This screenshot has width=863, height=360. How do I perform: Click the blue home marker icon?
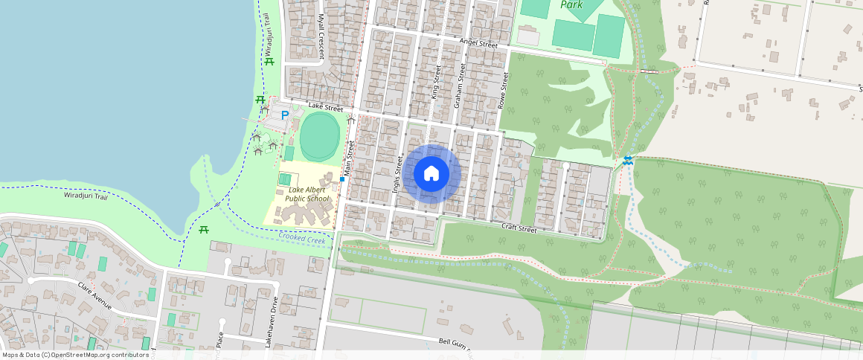click(431, 174)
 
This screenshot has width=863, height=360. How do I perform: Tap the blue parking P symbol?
click(284, 115)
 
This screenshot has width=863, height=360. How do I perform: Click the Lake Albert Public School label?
click(307, 194)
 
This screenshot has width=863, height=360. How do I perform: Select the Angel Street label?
click(478, 44)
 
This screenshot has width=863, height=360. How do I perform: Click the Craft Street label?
click(519, 228)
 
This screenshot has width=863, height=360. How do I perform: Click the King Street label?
click(437, 82)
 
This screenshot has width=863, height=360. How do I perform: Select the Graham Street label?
click(460, 86)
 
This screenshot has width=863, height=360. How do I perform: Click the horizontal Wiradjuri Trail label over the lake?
click(86, 196)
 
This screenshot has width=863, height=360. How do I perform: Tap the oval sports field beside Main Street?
click(320, 135)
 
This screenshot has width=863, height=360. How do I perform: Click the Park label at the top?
click(571, 4)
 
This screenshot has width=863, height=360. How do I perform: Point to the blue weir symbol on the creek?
click(629, 160)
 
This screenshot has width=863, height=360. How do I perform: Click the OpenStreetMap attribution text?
click(75, 355)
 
